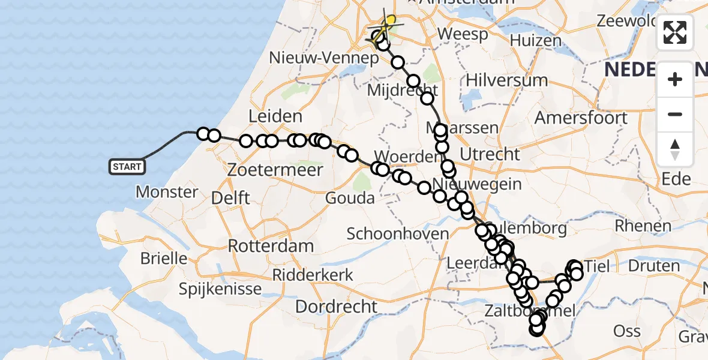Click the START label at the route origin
tap(127, 166)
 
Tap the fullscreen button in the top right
tap(675, 32)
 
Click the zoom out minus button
tap(675, 114)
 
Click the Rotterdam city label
tap(271, 245)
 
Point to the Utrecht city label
tap(491, 154)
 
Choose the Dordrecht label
tap(336, 307)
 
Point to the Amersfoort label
tap(581, 117)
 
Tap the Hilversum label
tap(499, 80)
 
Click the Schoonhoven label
tap(398, 233)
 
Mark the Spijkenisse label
tap(220, 289)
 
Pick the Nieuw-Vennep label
tap(324, 58)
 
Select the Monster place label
tap(167, 192)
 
